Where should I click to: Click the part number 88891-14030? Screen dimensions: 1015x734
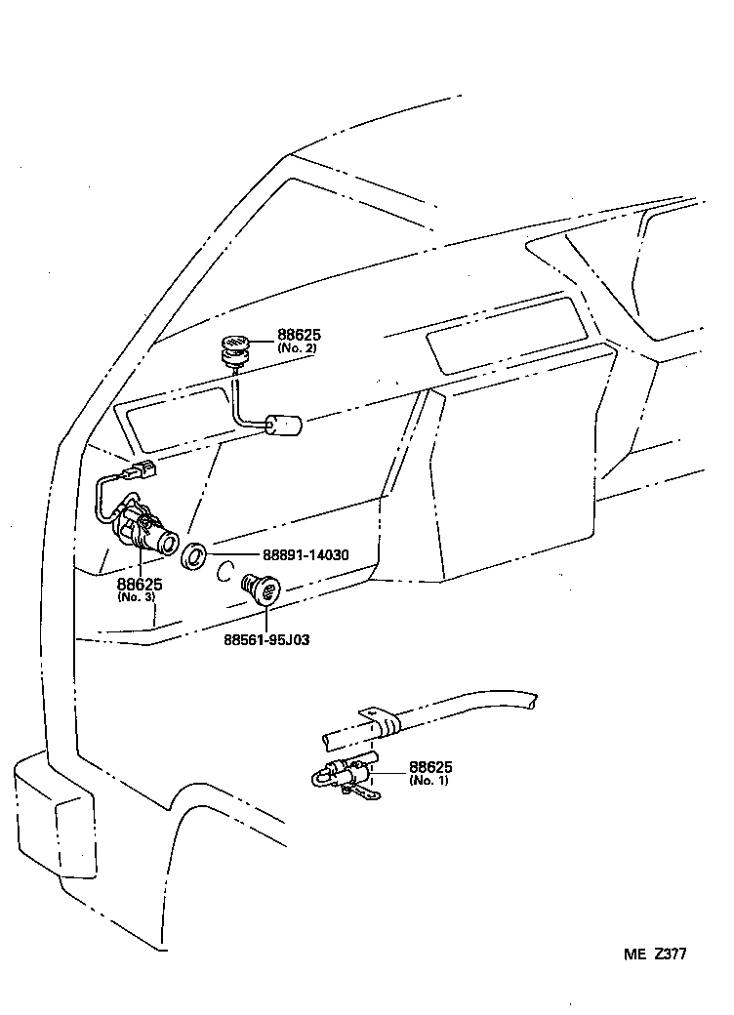pyautogui.click(x=293, y=555)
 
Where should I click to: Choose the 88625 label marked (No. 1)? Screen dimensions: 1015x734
pyautogui.click(x=429, y=767)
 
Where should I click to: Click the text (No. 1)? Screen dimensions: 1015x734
pyautogui.click(x=429, y=781)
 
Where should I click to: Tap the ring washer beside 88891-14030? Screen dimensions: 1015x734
pyautogui.click(x=194, y=556)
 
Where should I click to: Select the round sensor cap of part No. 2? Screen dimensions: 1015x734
pyautogui.click(x=234, y=345)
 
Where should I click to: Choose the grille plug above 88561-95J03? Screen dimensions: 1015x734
pyautogui.click(x=261, y=589)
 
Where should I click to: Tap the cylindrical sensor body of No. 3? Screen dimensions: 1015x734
pyautogui.click(x=146, y=529)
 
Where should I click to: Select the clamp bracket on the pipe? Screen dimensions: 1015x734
pyautogui.click(x=379, y=722)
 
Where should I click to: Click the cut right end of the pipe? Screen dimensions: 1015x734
pyautogui.click(x=530, y=699)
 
